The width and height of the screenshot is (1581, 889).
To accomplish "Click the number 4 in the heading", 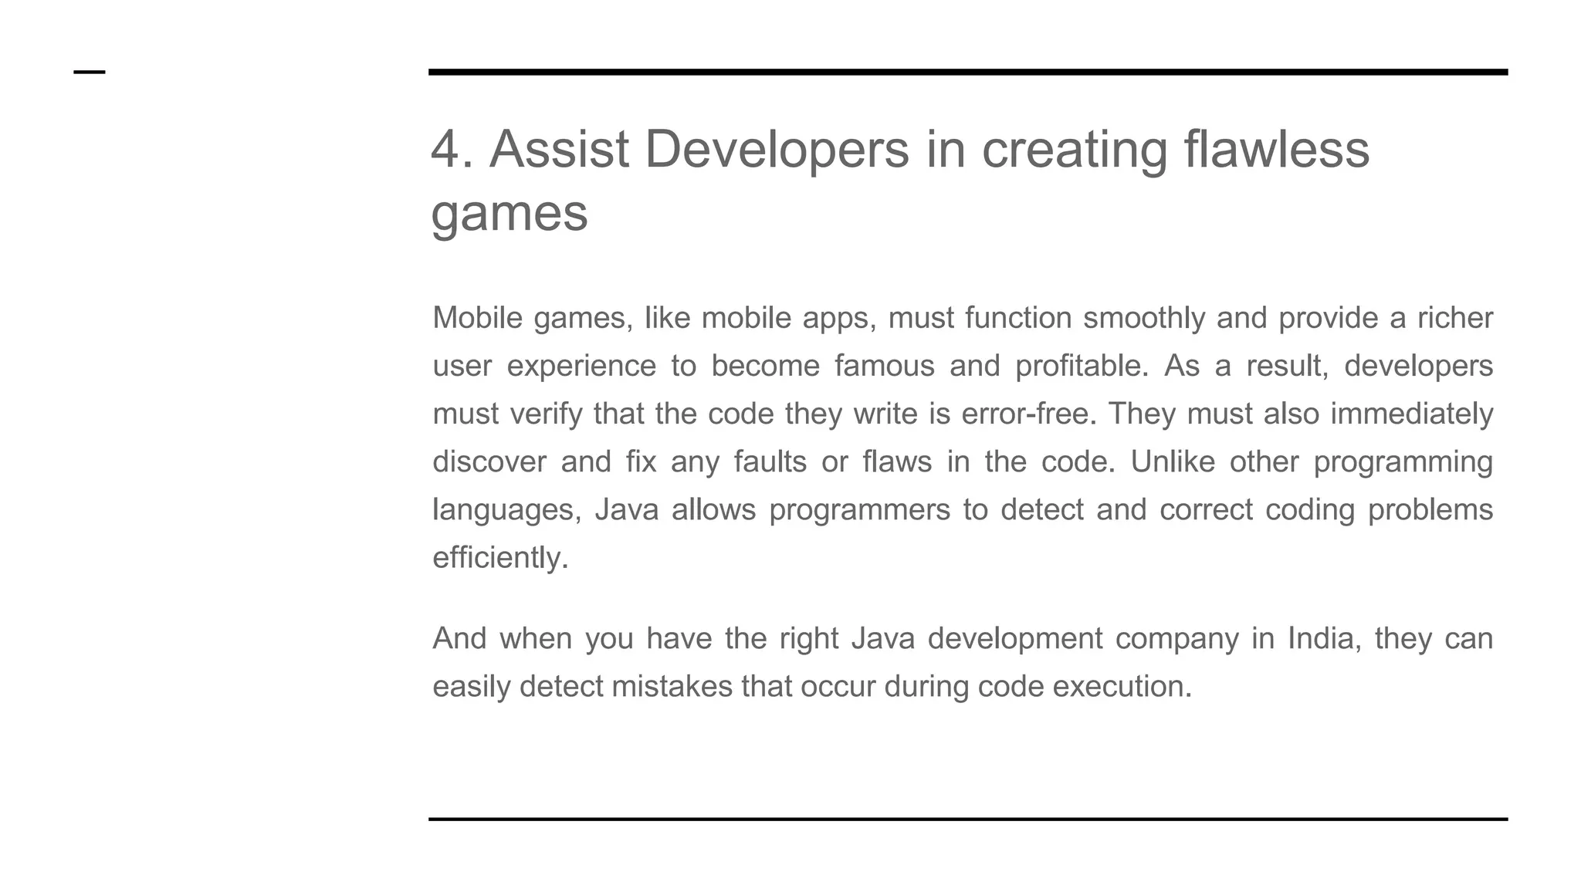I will pos(445,149).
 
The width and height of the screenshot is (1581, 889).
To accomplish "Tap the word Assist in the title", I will pos(559,149).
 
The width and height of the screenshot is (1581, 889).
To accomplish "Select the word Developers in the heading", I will pos(777,149).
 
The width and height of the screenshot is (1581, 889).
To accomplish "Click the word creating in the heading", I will pos(1074,149).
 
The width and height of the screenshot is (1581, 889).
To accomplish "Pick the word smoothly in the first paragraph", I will pos(1143,318).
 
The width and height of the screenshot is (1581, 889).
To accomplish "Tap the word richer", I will pos(1454,318).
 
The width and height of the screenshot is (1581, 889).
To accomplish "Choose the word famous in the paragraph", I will pos(884,366).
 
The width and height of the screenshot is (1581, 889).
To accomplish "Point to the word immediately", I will pos(1411,414).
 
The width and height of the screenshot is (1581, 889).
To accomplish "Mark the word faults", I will pos(770,461).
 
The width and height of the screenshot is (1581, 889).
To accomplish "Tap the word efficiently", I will pos(499,558).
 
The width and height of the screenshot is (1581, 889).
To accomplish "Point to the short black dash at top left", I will pos(90,73).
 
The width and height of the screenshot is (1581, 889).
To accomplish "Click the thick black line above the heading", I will pos(968,72).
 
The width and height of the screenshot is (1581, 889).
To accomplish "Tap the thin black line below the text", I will pos(968,819).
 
